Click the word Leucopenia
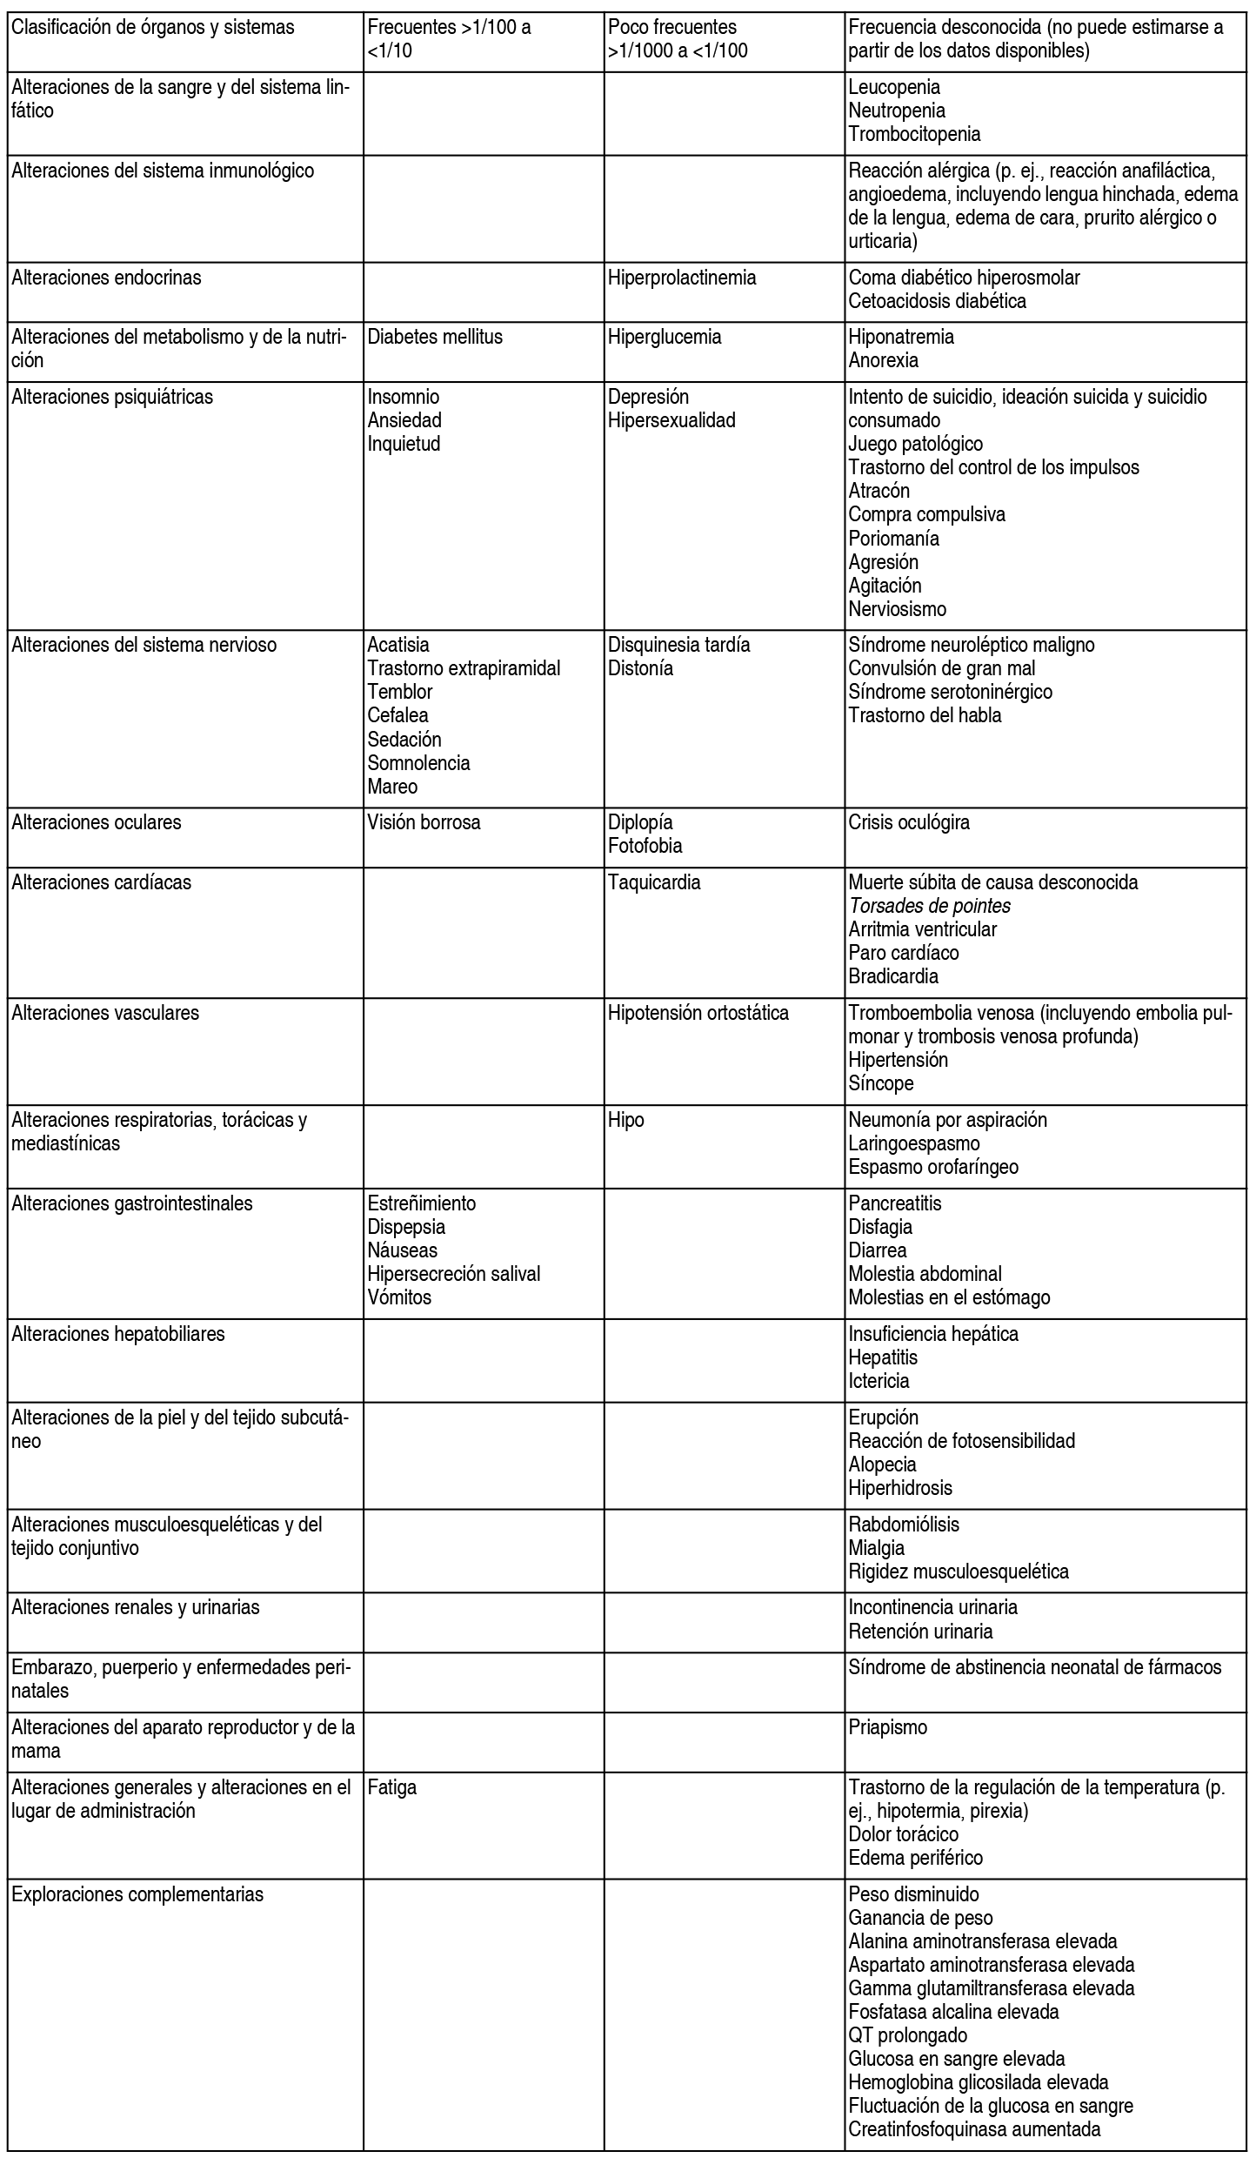coord(893,87)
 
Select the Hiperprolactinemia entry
coord(681,278)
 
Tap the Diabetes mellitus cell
coord(435,337)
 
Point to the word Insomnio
coord(404,397)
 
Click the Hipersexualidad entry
coord(671,420)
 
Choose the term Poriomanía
coord(893,538)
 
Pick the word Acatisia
coord(398,645)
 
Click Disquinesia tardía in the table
coord(678,645)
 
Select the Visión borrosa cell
coord(424,822)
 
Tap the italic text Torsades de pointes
coord(929,906)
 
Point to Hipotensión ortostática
coord(698,1013)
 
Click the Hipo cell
coord(625,1120)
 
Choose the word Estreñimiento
coord(422,1203)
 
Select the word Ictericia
coord(879,1381)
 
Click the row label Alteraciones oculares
coord(97,822)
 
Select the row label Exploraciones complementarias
coord(137,1894)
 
